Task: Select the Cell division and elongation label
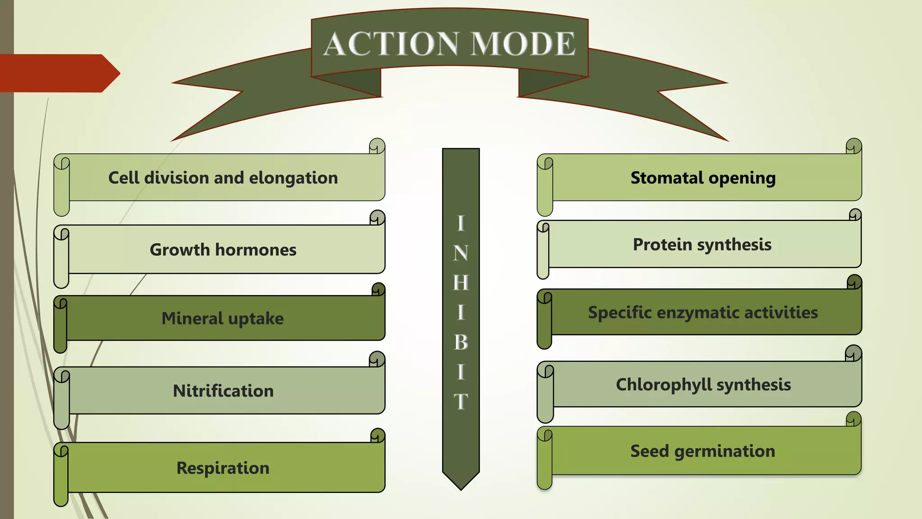pos(223,178)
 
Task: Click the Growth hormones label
pos(223,250)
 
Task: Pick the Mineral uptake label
pos(223,319)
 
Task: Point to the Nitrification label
pos(223,391)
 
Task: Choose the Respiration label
pos(223,468)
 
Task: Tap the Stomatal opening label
pos(703,178)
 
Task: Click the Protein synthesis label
pos(702,245)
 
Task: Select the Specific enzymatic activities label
pos(703,313)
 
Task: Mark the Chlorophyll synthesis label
pos(703,385)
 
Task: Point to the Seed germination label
pos(702,451)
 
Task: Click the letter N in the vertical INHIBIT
pos(461,253)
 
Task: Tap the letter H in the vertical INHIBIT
pos(461,283)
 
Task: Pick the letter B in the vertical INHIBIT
pos(461,342)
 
